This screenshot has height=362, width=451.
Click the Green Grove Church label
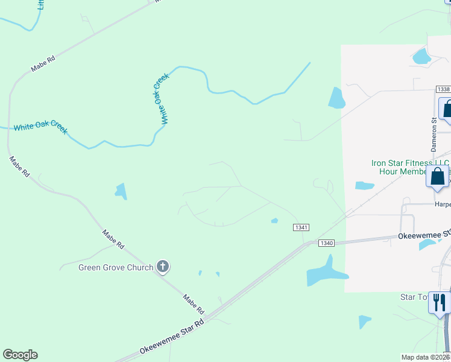(x=116, y=267)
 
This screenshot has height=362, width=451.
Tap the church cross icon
(x=162, y=266)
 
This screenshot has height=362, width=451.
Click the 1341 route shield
(x=301, y=227)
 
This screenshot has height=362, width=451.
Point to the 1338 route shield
(x=443, y=89)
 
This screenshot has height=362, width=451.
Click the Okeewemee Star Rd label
(x=172, y=338)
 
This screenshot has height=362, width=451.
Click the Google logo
(x=20, y=355)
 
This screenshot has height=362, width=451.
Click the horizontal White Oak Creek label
(x=40, y=127)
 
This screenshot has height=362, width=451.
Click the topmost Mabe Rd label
(x=43, y=64)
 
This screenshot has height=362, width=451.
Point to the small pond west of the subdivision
(x=121, y=191)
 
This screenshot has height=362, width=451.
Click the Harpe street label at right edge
(x=443, y=205)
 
